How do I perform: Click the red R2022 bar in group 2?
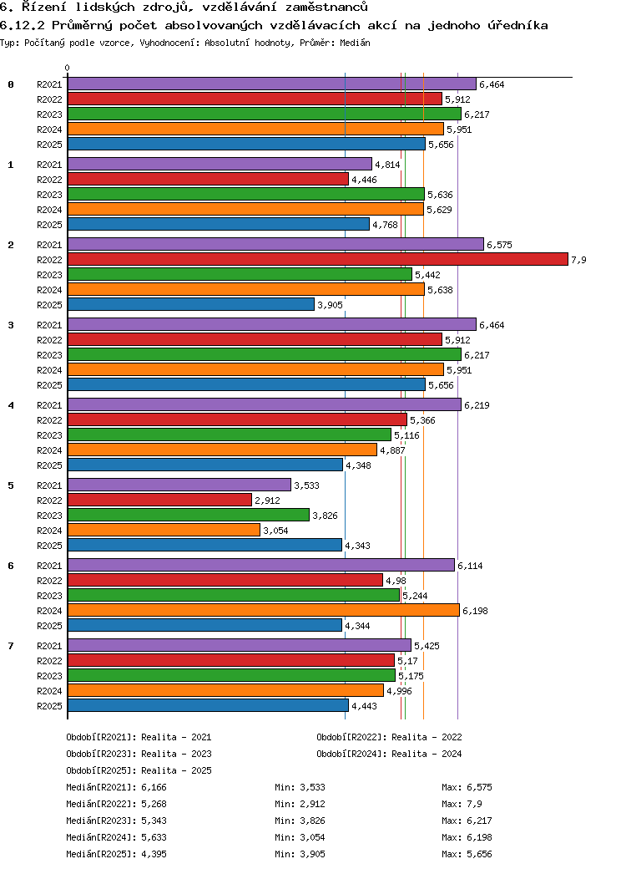click(x=317, y=260)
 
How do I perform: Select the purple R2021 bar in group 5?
click(x=179, y=485)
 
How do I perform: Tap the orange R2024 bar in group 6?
click(x=263, y=611)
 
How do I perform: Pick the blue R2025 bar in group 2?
click(x=190, y=305)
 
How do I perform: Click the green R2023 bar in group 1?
click(x=245, y=195)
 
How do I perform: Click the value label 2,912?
click(x=268, y=501)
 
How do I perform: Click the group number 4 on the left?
click(x=11, y=405)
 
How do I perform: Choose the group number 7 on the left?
click(x=11, y=646)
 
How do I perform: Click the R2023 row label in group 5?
click(x=49, y=516)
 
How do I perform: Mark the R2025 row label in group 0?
click(x=49, y=145)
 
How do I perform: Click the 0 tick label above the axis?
click(x=68, y=68)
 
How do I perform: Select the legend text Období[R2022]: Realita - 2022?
click(x=389, y=737)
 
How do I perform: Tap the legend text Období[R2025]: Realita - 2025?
click(x=139, y=770)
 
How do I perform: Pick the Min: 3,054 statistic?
click(x=300, y=837)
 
